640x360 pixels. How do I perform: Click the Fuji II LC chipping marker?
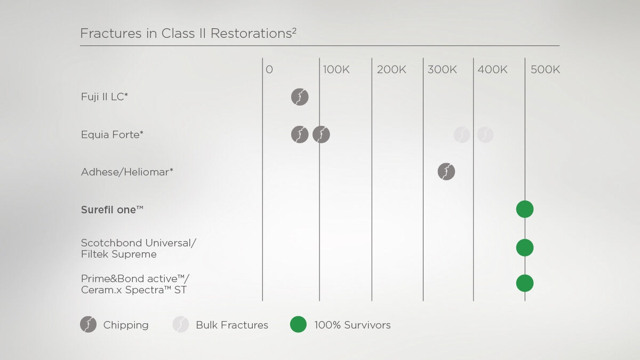(x=300, y=97)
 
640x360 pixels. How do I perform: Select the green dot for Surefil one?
(x=525, y=209)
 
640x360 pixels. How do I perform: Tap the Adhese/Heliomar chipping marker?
(x=446, y=171)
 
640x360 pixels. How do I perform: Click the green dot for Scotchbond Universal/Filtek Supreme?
(x=525, y=247)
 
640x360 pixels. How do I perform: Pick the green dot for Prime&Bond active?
(x=525, y=283)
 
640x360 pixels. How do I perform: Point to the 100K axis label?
(x=336, y=69)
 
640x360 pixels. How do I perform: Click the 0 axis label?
(x=269, y=69)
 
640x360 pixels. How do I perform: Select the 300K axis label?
(x=442, y=69)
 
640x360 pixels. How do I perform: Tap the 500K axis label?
(x=545, y=69)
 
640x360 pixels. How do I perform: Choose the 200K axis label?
(x=391, y=69)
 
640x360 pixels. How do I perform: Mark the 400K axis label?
(x=492, y=69)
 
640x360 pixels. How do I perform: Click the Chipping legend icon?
(x=89, y=324)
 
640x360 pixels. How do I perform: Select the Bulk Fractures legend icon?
(x=181, y=324)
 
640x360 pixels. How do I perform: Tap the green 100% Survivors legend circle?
(x=298, y=324)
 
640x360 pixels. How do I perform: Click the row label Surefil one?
(x=112, y=210)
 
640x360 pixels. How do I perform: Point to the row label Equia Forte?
(x=112, y=134)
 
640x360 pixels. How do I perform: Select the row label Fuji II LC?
(x=105, y=97)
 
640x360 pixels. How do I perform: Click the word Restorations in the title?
(x=251, y=33)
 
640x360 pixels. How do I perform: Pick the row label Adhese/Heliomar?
(x=127, y=172)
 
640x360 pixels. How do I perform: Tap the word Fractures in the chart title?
(x=111, y=33)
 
